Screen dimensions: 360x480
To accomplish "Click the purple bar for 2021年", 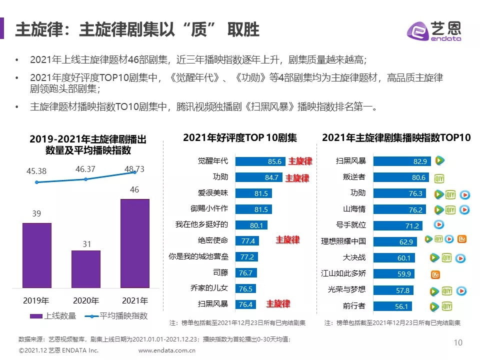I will (135, 243).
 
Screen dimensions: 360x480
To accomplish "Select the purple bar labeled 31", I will (86, 269).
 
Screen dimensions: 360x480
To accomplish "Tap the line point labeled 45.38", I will (36, 182).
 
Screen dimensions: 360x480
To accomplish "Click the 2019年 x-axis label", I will (36, 301).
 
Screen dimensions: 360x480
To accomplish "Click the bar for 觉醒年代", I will (260, 161).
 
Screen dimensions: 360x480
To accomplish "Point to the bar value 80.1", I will (256, 225).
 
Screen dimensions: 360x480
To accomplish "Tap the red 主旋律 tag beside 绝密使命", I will (287, 240).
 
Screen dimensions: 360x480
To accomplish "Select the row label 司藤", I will (220, 272).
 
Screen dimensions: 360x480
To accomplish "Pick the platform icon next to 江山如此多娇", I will (435, 274).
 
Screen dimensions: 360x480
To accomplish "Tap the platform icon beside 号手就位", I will (438, 225).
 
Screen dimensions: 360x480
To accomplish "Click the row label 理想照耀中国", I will (343, 241).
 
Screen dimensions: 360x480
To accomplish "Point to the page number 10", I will (458, 342).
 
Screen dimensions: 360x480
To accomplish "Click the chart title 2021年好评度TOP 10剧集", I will (240, 137).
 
